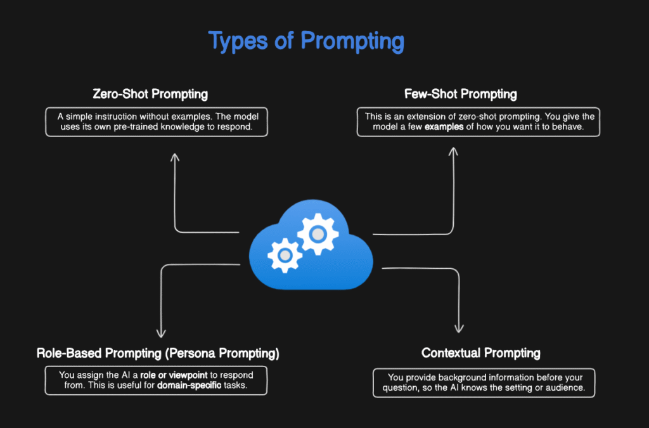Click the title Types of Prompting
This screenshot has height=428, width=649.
pos(306,42)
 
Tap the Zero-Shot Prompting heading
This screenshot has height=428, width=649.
pos(150,94)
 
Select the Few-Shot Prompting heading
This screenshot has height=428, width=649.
pos(460,94)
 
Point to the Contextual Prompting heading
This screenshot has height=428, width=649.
pos(481,353)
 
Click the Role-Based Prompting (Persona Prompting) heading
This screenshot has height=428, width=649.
pos(158,353)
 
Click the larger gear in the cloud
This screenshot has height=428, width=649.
pos(318,234)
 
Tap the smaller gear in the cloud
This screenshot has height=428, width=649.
pos(285,254)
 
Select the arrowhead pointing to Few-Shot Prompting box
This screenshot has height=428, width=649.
pos(454,152)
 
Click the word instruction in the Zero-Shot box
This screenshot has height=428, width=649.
pos(119,116)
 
